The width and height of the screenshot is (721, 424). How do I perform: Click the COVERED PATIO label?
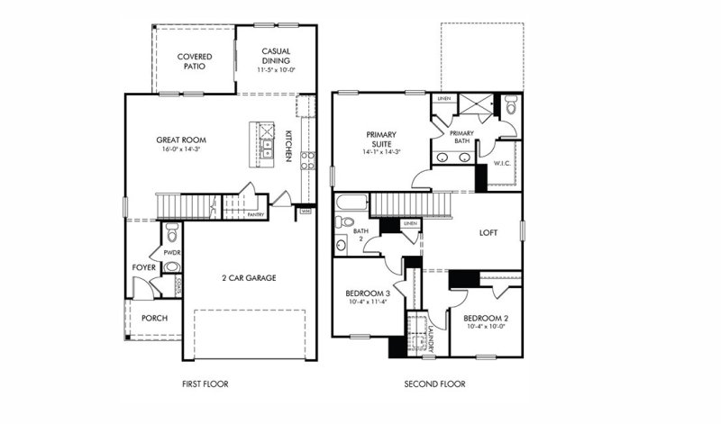(x=194, y=61)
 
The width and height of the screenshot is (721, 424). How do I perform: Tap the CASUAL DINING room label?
(x=277, y=56)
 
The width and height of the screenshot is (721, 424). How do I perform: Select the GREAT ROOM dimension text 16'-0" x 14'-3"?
(x=181, y=149)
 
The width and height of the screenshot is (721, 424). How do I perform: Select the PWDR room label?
(x=172, y=253)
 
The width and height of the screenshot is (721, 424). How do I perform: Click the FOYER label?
(x=143, y=266)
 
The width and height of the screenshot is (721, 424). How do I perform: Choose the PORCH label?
(x=153, y=318)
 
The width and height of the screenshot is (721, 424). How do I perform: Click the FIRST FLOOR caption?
(x=205, y=384)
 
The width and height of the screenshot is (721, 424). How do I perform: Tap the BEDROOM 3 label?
(x=368, y=293)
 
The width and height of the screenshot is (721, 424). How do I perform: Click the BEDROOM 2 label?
(x=487, y=319)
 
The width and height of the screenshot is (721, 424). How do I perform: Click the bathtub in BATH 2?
(x=351, y=203)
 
